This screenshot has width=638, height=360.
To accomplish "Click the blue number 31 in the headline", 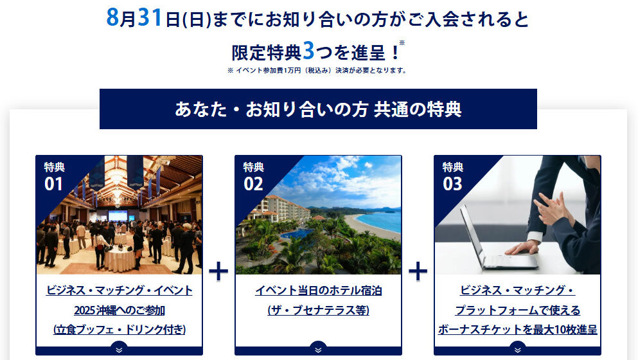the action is [x=150, y=17].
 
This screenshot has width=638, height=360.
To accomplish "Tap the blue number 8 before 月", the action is [x=112, y=17].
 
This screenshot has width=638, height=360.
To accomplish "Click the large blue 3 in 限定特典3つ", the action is [x=309, y=51].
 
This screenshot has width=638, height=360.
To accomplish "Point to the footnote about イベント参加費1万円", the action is [x=317, y=71].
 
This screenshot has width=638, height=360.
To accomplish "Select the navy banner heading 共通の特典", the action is [x=318, y=109].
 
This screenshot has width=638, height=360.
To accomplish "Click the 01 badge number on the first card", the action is [x=54, y=184].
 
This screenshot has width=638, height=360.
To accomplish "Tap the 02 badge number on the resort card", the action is [x=253, y=184].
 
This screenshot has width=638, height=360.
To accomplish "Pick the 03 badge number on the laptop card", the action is [x=452, y=184].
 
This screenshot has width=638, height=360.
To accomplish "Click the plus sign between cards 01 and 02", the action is [x=218, y=271].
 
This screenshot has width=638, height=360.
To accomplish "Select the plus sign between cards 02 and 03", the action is [x=418, y=271].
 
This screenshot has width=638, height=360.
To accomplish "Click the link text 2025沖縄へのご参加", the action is [x=120, y=310].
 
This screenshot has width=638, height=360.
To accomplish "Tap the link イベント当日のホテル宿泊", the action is [x=319, y=291].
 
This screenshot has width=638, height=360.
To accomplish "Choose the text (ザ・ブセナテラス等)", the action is [x=319, y=310].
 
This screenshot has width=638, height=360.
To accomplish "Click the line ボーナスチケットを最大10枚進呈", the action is [x=518, y=329].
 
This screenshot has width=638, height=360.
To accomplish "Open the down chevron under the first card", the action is [x=120, y=350].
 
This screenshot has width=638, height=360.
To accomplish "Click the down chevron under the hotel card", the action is [x=319, y=350].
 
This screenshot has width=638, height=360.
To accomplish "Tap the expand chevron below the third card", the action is [x=518, y=350].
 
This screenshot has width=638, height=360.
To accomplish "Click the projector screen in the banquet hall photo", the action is [x=118, y=216].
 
